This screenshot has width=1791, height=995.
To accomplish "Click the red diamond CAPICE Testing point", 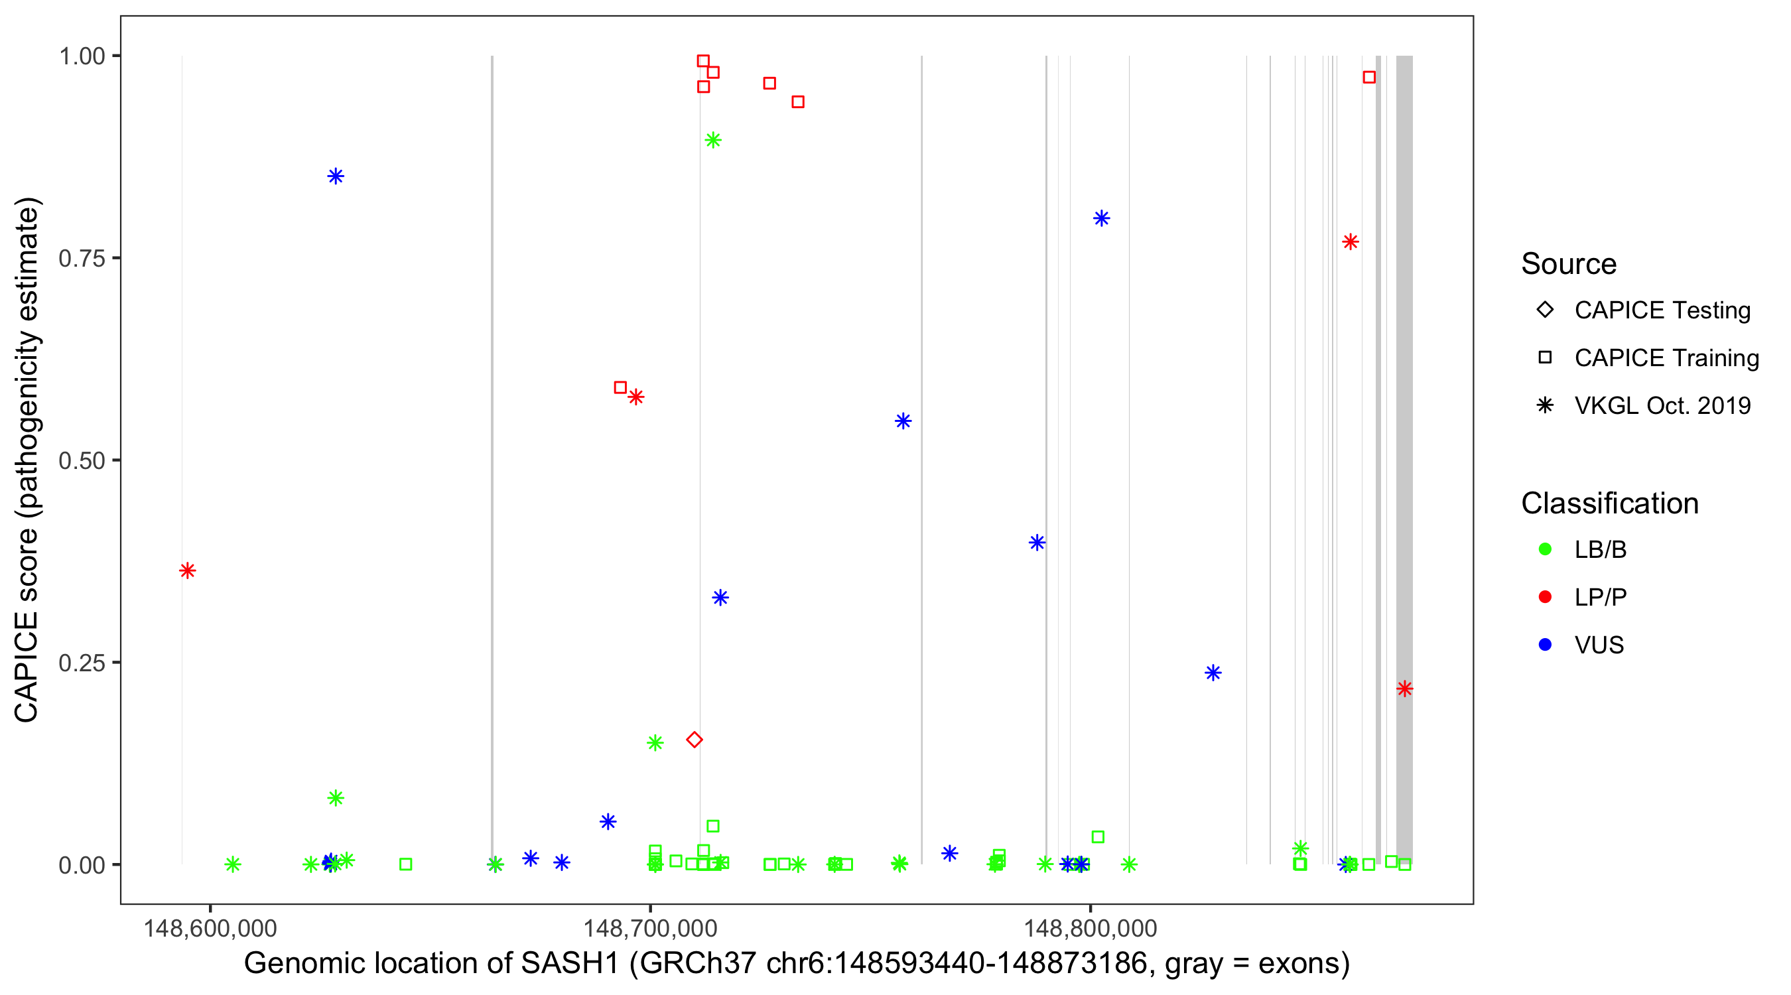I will pos(694,739).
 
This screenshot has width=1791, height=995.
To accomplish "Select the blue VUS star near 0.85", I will pos(336,176).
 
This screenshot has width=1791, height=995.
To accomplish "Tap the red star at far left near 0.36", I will pos(187,570).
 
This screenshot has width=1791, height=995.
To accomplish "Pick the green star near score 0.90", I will pos(712,141).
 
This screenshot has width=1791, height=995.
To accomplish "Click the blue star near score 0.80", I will pos(1101,218).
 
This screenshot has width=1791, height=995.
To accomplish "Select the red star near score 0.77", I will pos(1350,242).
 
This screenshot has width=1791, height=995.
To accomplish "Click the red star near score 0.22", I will pos(1404,689).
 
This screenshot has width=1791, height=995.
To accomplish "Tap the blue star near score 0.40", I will pos(1037,543).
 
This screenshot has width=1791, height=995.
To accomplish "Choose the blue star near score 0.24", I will pos(1213,673).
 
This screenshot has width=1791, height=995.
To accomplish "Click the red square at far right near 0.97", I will pos(1369,77).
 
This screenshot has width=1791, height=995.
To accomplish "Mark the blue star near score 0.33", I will pos(720,597).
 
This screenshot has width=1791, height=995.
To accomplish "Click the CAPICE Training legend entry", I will pos(1666,358).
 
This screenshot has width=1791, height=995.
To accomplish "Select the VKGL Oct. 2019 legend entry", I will pos(1662,405).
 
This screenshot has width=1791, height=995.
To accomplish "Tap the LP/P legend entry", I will pos(1600,596).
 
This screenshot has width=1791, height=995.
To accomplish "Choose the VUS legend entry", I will pos(1599,645).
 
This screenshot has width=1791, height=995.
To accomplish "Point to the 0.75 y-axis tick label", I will pos(81,258).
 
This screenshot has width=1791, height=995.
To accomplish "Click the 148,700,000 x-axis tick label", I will pos(650,927).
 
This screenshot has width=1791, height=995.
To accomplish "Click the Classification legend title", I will pos(1609,503).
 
